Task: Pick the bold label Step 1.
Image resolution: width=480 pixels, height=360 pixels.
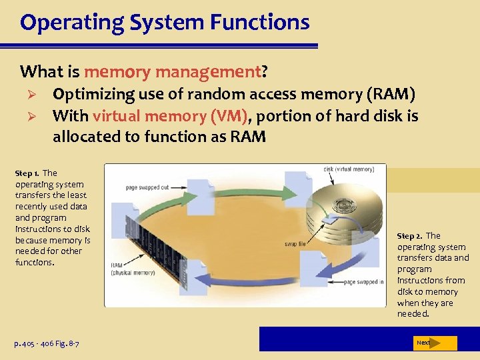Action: click(x=27, y=173)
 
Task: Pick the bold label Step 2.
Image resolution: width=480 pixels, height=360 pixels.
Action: click(x=410, y=236)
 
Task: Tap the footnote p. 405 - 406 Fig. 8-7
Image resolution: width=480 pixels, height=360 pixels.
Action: click(x=47, y=343)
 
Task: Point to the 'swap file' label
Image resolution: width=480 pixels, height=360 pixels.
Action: click(x=295, y=245)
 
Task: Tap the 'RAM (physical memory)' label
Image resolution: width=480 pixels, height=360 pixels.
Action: click(x=133, y=269)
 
